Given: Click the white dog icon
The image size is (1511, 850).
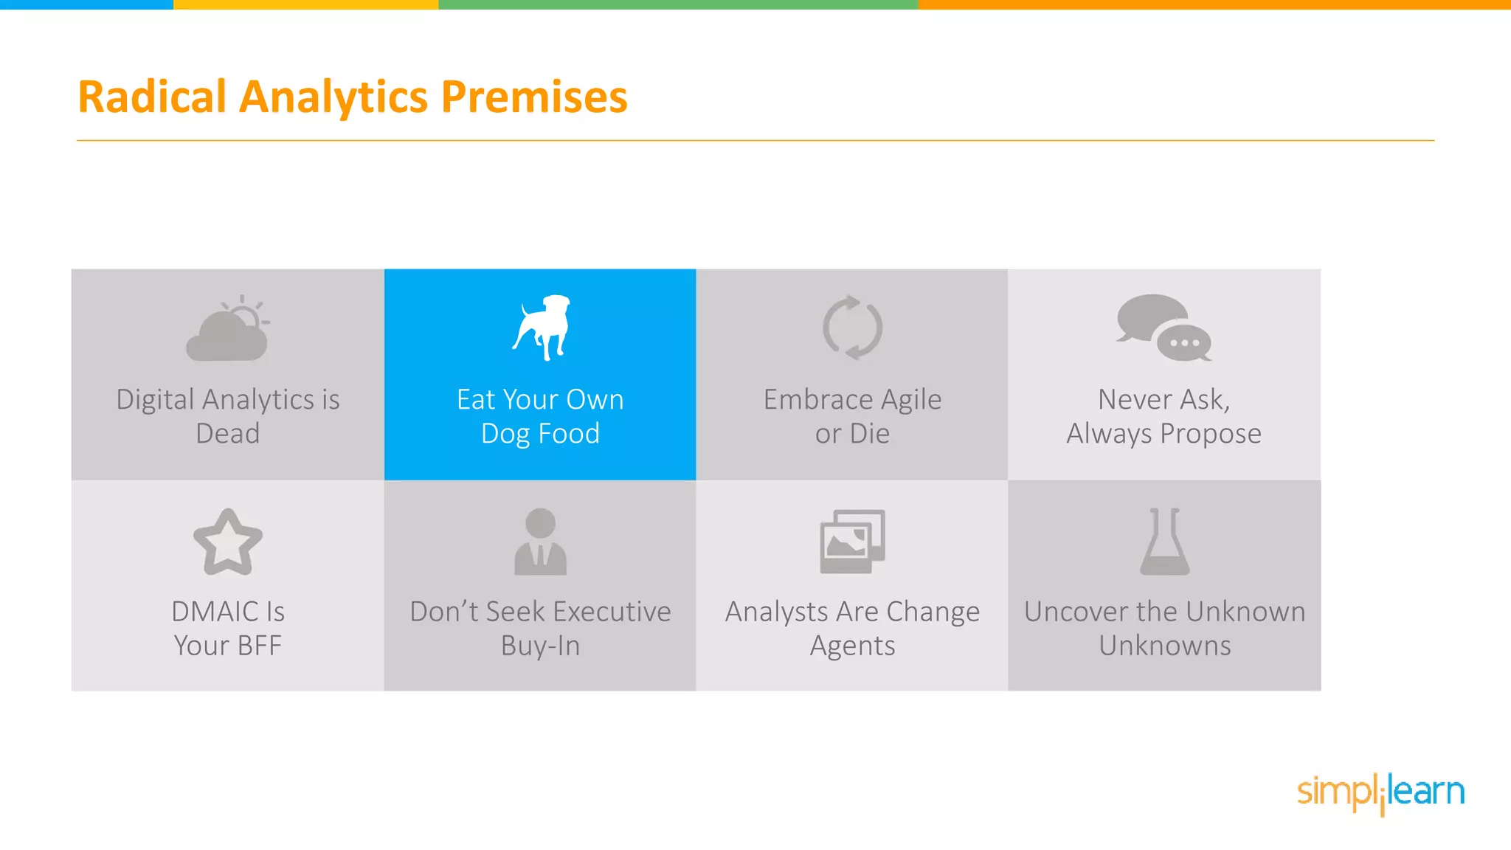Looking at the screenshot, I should point(543,328).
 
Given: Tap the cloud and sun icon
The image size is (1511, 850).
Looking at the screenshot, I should point(227,329).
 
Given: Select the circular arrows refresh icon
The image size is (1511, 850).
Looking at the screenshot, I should point(852,328).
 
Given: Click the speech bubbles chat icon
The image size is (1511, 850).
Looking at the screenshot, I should point(1163,328).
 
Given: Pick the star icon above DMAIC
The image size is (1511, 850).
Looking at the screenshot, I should point(227,542).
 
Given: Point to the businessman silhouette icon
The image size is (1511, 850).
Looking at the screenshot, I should point(540,542).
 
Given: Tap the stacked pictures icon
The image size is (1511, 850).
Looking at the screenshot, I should point(852,542).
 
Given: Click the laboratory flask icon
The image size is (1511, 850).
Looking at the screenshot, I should point(1164,542).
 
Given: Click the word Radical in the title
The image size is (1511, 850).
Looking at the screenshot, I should point(152,97).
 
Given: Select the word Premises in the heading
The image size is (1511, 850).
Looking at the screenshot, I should point(534,97).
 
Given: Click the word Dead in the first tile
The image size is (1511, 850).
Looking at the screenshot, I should point(227,434).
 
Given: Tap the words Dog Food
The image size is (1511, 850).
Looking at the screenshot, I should point(540,434).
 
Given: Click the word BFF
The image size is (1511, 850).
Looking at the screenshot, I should point(260,646).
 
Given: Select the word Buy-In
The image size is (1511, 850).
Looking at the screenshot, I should point(540,646).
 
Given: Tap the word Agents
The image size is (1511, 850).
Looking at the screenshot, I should point(852,646).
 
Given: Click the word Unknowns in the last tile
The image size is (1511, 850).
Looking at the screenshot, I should point(1164,646).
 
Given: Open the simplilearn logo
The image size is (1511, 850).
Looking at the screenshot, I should point(1380,792).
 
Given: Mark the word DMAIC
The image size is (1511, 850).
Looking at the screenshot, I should point(215,612).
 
